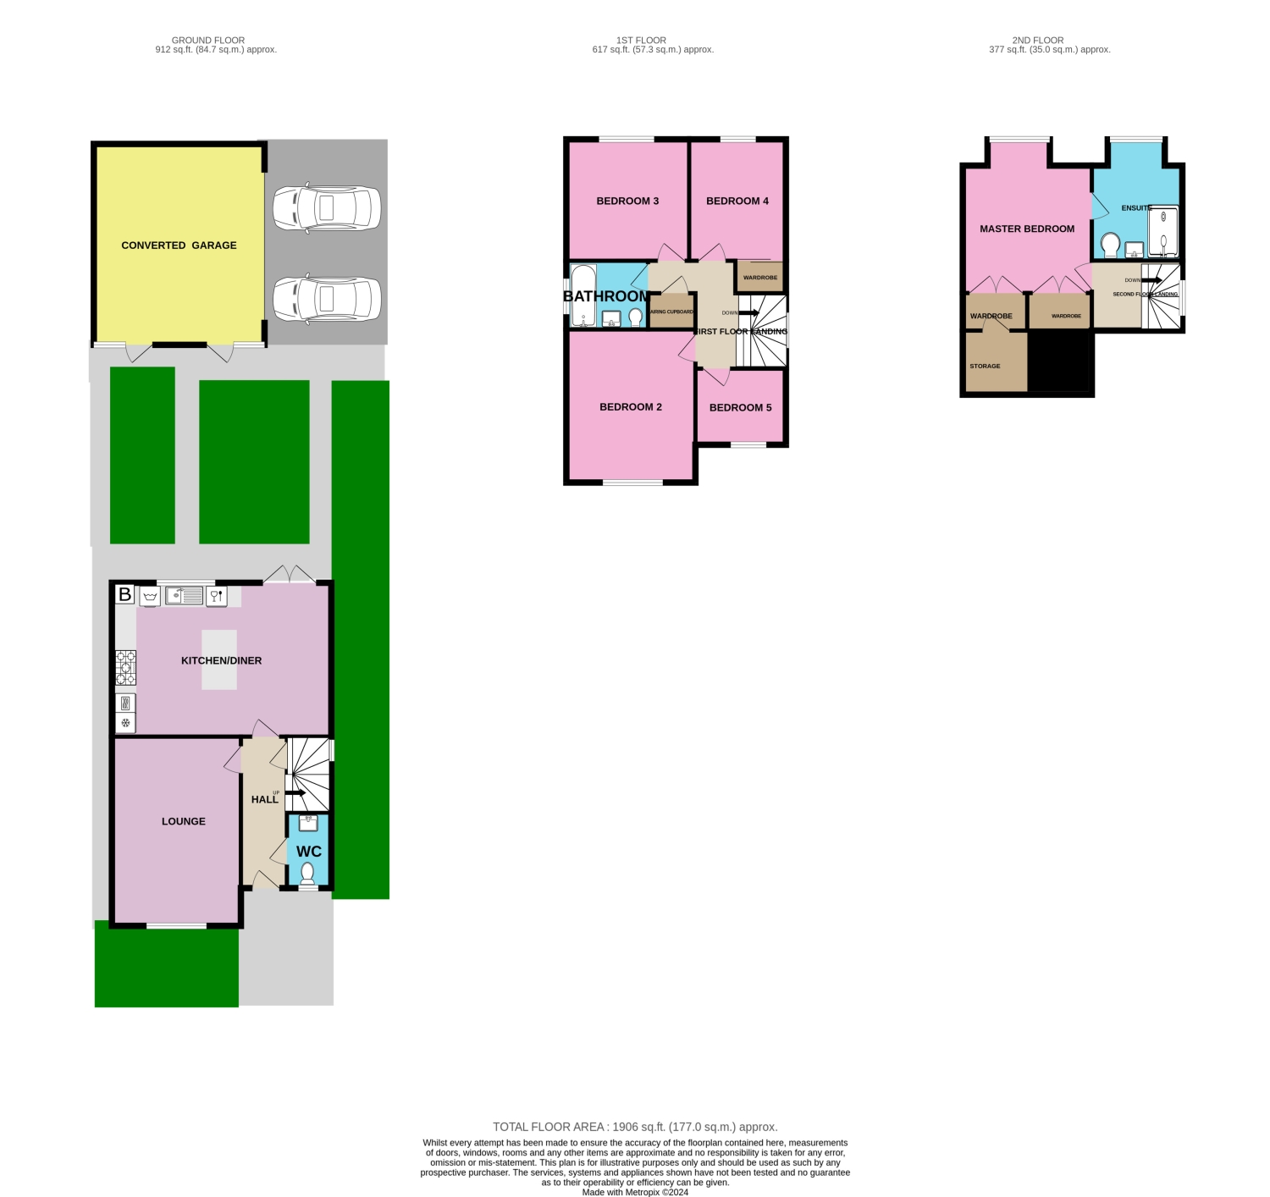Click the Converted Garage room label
coord(179,245)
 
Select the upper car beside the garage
coord(327,207)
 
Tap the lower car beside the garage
coord(327,299)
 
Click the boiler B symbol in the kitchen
coord(124,594)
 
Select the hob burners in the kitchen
coord(125,667)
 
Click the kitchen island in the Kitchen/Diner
coord(219,659)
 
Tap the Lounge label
coord(184,821)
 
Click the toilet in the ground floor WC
coord(307,874)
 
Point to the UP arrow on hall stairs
coord(295,793)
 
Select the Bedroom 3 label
coord(627,201)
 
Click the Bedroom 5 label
coord(740,407)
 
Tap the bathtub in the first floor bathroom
coord(583,295)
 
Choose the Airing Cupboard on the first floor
coord(671,311)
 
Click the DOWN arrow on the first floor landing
coord(748,313)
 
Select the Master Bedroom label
coord(1027,229)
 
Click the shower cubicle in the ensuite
coord(1162,232)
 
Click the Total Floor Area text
coord(635,1127)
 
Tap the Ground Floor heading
coord(208,40)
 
